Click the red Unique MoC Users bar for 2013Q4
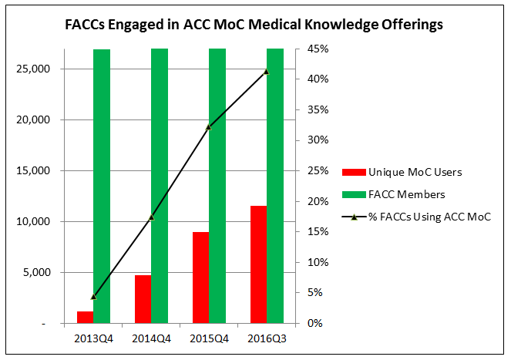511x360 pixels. (x=85, y=317)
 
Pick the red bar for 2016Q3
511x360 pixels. (x=258, y=264)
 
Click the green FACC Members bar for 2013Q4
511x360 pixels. (x=102, y=185)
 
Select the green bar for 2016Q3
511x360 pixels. (x=275, y=185)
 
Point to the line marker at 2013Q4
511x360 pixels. (x=93, y=297)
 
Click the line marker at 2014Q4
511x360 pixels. (x=151, y=217)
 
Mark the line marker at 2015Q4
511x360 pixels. (x=209, y=126)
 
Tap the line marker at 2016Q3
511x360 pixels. (x=267, y=72)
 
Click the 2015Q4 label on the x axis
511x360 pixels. (x=209, y=338)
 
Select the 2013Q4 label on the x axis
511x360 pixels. (x=93, y=338)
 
